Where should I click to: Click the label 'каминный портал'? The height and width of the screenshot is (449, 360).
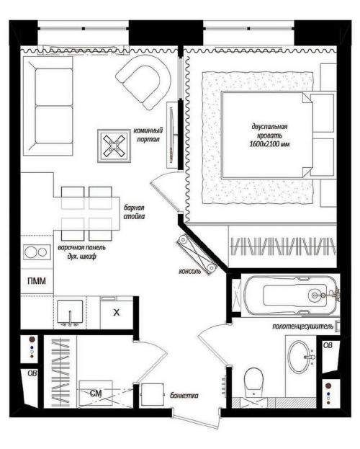(148, 134)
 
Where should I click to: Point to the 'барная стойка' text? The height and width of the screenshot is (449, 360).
(134, 210)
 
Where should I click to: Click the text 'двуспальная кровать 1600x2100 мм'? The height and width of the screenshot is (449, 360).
(271, 134)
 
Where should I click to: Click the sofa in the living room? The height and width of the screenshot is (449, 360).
(47, 107)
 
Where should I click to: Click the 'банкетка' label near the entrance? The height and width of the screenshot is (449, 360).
(185, 396)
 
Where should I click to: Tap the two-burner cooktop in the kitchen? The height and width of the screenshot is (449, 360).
(33, 252)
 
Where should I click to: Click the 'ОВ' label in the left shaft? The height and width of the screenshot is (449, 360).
(32, 373)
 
